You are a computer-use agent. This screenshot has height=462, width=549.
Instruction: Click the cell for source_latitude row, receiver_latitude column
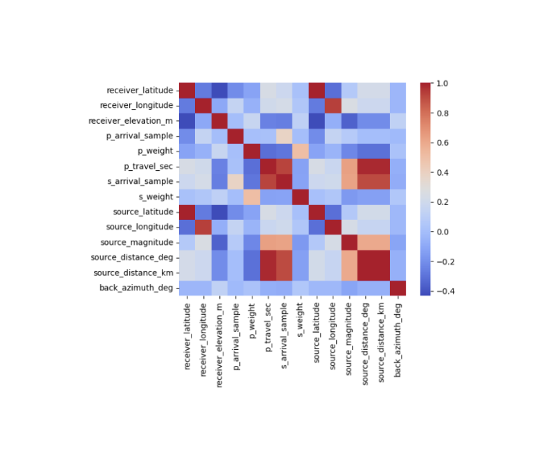pyautogui.click(x=187, y=212)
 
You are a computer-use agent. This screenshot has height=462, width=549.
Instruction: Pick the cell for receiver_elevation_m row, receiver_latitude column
pyautogui.click(x=187, y=120)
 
